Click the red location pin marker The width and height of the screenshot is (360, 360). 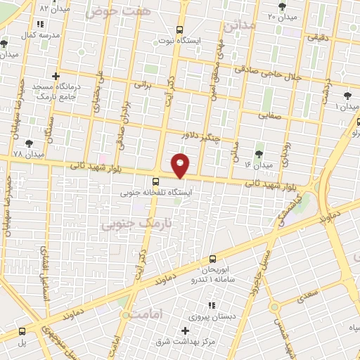tap(181, 165)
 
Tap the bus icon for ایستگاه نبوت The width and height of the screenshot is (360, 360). tap(179, 30)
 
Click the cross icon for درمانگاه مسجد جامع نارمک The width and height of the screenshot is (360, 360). tap(56, 76)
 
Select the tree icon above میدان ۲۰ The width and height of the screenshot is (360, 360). tap(282, 7)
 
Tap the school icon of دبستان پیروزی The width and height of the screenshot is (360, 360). tap(210, 306)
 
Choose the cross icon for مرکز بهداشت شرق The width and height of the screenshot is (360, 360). tap(186, 330)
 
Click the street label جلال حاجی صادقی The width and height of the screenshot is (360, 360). tap(285, 72)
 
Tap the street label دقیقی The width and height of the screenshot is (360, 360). tap(316, 41)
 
